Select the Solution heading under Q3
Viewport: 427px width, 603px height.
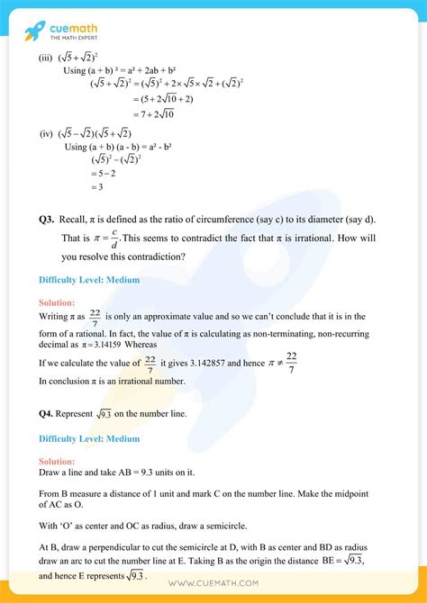pos(57,302)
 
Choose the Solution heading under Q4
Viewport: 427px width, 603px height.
pos(57,461)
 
